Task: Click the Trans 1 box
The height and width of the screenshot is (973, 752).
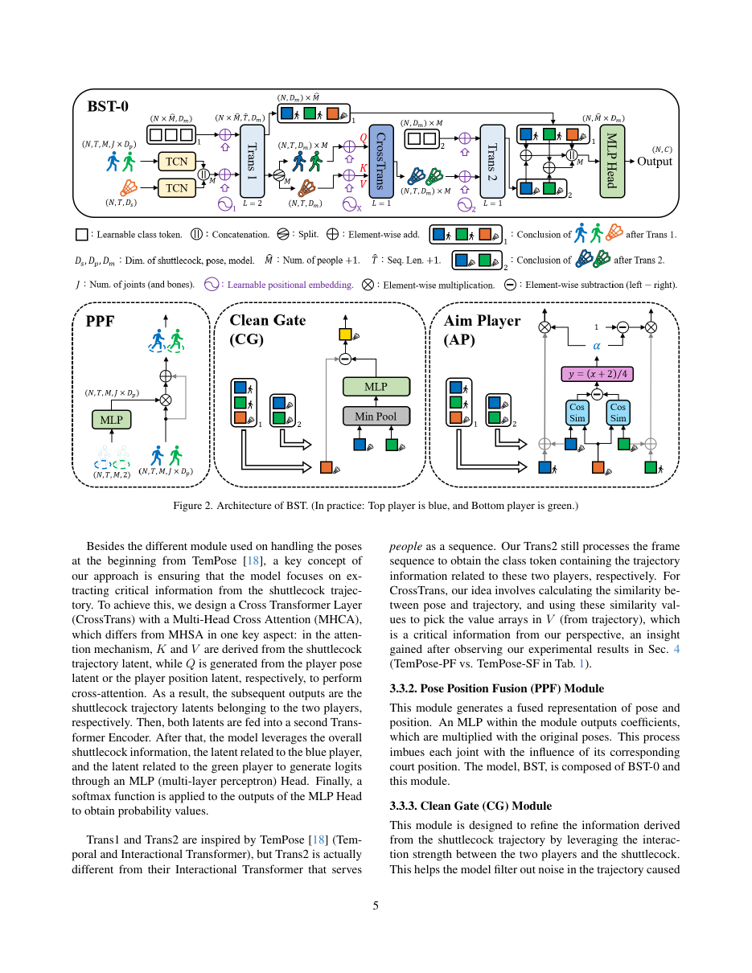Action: tap(252, 161)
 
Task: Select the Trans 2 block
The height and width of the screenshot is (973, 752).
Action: tap(491, 161)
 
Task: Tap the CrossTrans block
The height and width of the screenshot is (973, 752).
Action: tap(381, 161)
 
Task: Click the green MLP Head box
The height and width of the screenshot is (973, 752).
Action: tap(612, 161)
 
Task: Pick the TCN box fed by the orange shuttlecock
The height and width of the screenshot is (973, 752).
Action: tap(176, 187)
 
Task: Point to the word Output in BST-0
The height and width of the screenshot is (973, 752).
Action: tap(655, 161)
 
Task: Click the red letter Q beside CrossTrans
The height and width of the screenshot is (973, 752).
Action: tap(364, 138)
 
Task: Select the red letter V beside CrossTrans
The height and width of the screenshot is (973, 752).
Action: tap(364, 183)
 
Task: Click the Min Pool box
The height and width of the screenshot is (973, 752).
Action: tap(376, 416)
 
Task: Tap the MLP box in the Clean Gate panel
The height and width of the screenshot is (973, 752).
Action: tap(376, 387)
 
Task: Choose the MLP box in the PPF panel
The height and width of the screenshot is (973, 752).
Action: tap(112, 420)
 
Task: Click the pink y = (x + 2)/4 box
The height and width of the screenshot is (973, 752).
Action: tap(597, 374)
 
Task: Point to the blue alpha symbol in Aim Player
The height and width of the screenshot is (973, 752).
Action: tap(597, 346)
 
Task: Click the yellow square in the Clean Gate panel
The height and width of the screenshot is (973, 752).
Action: tap(345, 334)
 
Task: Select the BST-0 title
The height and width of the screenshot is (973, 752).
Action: tap(108, 106)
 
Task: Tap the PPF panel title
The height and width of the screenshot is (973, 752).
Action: tap(100, 321)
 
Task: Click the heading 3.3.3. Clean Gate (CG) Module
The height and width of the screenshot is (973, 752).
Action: tap(471, 806)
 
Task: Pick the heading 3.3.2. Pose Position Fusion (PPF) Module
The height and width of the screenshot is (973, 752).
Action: tap(496, 688)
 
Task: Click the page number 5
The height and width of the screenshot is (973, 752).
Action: tap(376, 905)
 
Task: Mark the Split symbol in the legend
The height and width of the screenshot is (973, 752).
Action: tap(282, 234)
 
